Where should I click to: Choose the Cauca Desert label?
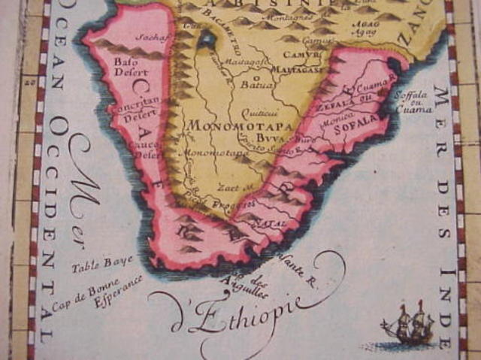pos(150,151)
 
